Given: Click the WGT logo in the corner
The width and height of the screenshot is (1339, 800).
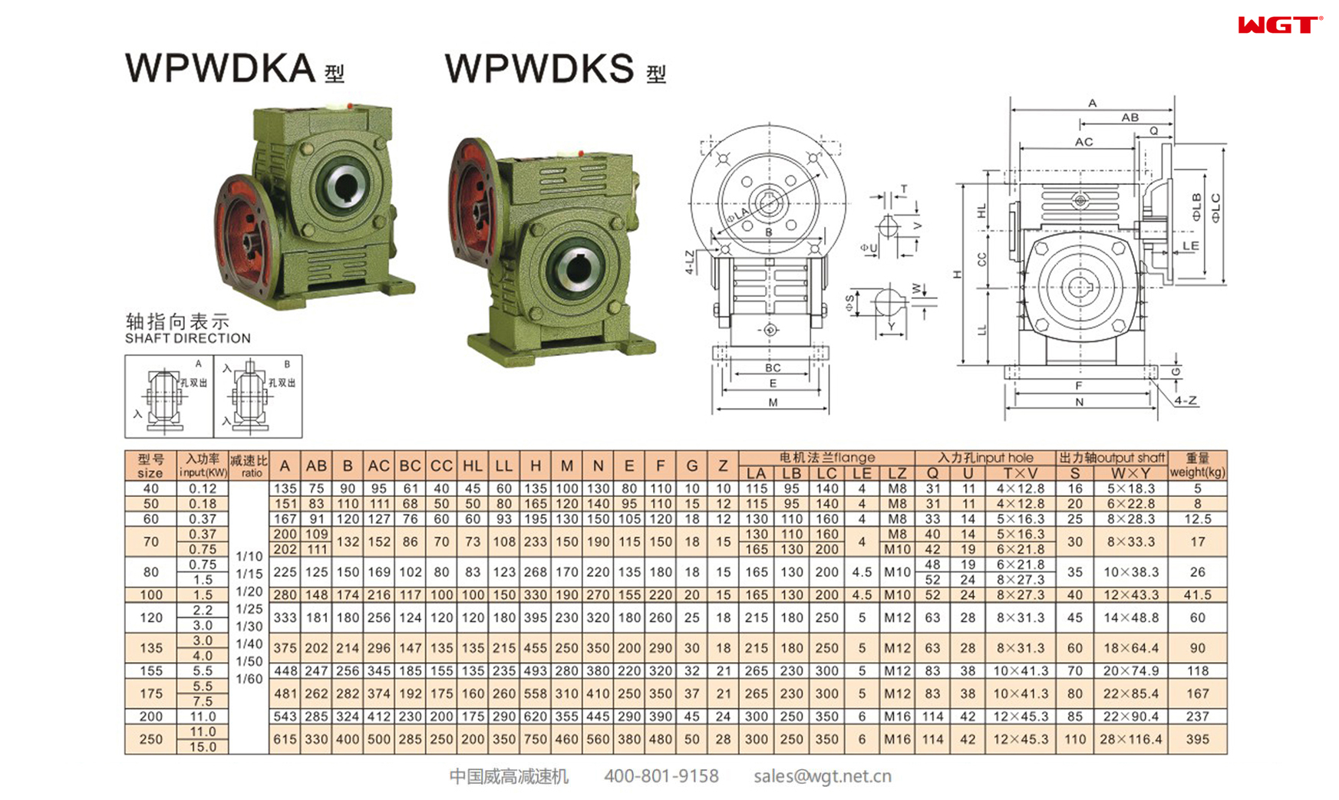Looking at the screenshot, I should tap(1279, 25).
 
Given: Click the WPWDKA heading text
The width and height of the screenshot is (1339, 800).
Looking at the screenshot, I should tap(220, 68).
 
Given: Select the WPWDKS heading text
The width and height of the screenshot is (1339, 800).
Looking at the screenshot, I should tap(539, 68).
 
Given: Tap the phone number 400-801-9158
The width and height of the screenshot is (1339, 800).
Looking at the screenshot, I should tap(661, 776).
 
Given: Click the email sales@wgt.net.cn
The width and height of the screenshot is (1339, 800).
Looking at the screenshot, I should tap(822, 776).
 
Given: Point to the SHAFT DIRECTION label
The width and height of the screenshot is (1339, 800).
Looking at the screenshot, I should tap(188, 338).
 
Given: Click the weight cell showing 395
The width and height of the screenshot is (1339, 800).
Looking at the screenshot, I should tap(1197, 739).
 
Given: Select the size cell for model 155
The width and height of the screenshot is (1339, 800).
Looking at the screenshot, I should tap(151, 670).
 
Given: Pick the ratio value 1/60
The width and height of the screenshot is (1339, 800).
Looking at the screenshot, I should tap(249, 679).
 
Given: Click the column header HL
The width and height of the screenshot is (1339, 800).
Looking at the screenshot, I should tap(473, 466).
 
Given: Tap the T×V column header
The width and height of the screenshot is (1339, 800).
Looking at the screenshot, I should tap(1021, 473).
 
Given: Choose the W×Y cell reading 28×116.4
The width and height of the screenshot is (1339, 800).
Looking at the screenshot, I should tap(1130, 739).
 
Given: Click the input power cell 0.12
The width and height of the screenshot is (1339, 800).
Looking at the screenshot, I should tap(203, 489).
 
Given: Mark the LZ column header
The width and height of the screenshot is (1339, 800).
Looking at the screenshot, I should tap(896, 473).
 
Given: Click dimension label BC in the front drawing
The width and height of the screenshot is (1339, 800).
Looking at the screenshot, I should tap(773, 368).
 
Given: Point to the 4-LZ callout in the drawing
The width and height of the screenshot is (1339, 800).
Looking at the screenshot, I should tap(690, 262).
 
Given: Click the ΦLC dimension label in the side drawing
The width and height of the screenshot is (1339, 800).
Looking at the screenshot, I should tap(1215, 208).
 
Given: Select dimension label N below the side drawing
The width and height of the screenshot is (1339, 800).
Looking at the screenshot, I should tap(1079, 402).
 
